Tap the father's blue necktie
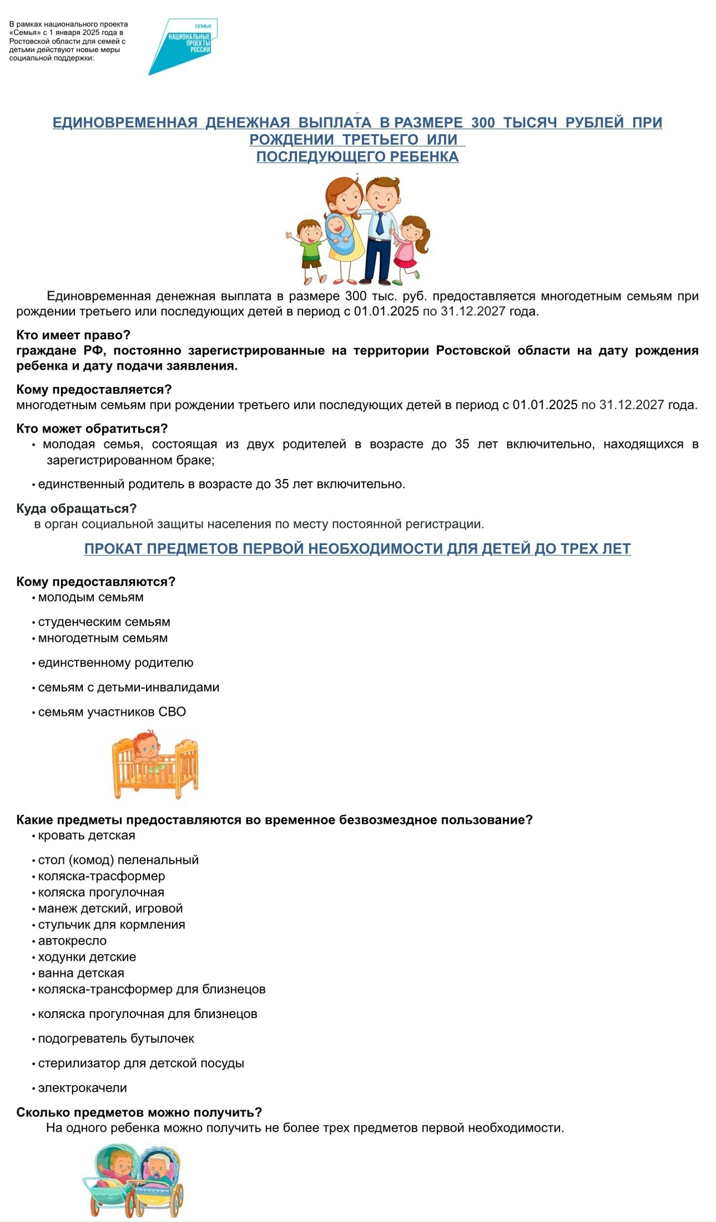click(380, 223)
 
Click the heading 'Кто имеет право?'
click(73, 335)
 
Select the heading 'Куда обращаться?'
click(77, 509)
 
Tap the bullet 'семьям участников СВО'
click(112, 712)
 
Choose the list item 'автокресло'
click(72, 941)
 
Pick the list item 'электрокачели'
click(82, 1088)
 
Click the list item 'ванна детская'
click(81, 973)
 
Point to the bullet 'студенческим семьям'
click(104, 622)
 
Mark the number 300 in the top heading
click(483, 122)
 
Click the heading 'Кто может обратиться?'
click(92, 429)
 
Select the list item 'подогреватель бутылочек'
click(116, 1039)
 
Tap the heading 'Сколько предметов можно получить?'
click(139, 1112)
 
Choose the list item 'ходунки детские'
click(87, 957)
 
